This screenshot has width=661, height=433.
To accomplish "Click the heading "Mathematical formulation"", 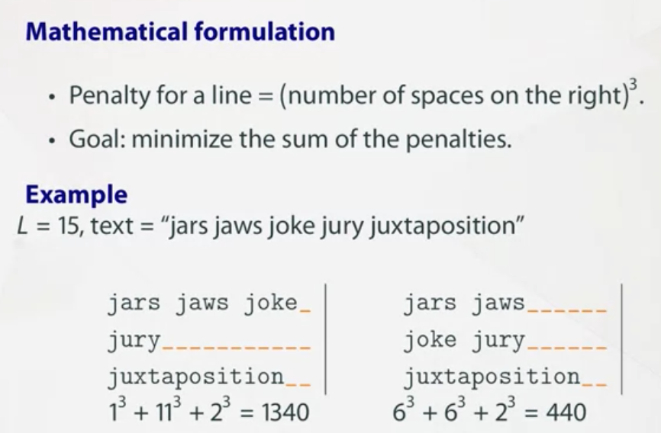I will click(180, 32).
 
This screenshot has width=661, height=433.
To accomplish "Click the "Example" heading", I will click(76, 195).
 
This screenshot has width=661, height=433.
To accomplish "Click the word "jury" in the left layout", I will click(134, 341).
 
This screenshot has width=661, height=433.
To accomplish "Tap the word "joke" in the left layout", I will click(270, 303).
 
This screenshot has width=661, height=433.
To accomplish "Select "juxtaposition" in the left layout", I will click(195, 377).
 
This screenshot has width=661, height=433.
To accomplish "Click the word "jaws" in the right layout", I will click(498, 303).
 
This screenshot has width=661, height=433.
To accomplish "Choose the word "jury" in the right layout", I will click(498, 340).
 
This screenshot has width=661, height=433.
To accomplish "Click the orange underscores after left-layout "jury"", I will click(236, 347).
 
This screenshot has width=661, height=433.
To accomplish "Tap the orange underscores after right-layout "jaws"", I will click(566, 310).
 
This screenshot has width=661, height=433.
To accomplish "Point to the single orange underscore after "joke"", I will click(305, 310).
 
